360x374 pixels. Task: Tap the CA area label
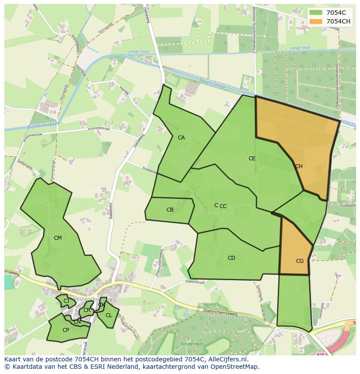181,138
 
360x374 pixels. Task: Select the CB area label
170,210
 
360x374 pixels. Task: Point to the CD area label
231,258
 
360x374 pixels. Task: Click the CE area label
252,159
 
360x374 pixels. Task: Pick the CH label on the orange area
299,166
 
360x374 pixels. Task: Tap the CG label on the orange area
300,261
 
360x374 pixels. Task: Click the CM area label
58,238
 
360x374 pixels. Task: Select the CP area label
66,330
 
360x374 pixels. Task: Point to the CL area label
109,315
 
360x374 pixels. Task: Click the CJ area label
66,301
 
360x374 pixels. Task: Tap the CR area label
87,310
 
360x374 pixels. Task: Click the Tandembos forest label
192,344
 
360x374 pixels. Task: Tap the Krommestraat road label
99,129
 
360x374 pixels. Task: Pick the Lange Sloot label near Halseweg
138,51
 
